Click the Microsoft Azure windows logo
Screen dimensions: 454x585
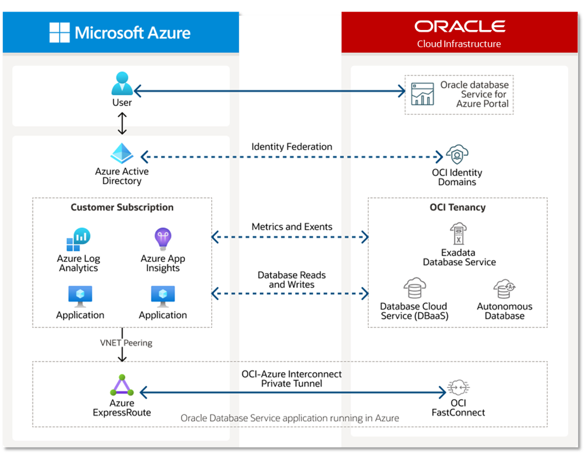click(61, 33)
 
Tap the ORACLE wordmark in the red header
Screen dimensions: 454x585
click(460, 27)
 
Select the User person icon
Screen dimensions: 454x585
click(122, 84)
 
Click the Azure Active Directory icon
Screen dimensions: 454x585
click(122, 154)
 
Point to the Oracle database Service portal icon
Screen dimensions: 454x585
click(422, 94)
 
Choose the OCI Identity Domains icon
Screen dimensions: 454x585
click(457, 155)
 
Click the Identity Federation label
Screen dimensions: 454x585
click(292, 147)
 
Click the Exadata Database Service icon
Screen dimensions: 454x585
click(459, 234)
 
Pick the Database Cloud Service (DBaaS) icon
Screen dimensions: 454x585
click(415, 288)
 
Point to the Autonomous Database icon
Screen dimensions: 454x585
click(504, 289)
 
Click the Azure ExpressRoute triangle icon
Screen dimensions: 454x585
click(122, 386)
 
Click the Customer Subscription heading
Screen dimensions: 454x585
click(122, 207)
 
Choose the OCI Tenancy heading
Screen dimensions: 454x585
click(458, 207)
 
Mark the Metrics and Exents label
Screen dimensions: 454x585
click(292, 227)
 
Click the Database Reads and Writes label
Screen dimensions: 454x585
click(292, 280)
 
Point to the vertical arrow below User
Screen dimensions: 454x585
click(122, 124)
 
